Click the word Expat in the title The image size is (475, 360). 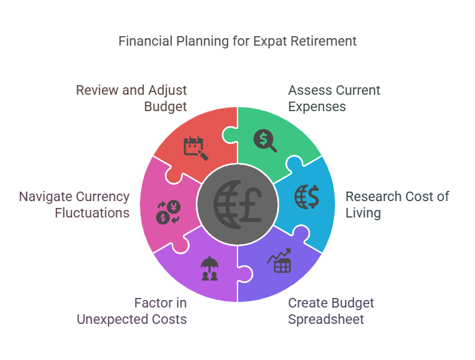(272, 41)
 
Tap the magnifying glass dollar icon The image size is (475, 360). (265, 140)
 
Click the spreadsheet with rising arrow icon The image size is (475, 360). (279, 261)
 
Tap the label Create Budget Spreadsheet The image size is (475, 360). (331, 311)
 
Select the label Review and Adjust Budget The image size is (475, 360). (131, 98)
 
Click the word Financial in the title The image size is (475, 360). (145, 41)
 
